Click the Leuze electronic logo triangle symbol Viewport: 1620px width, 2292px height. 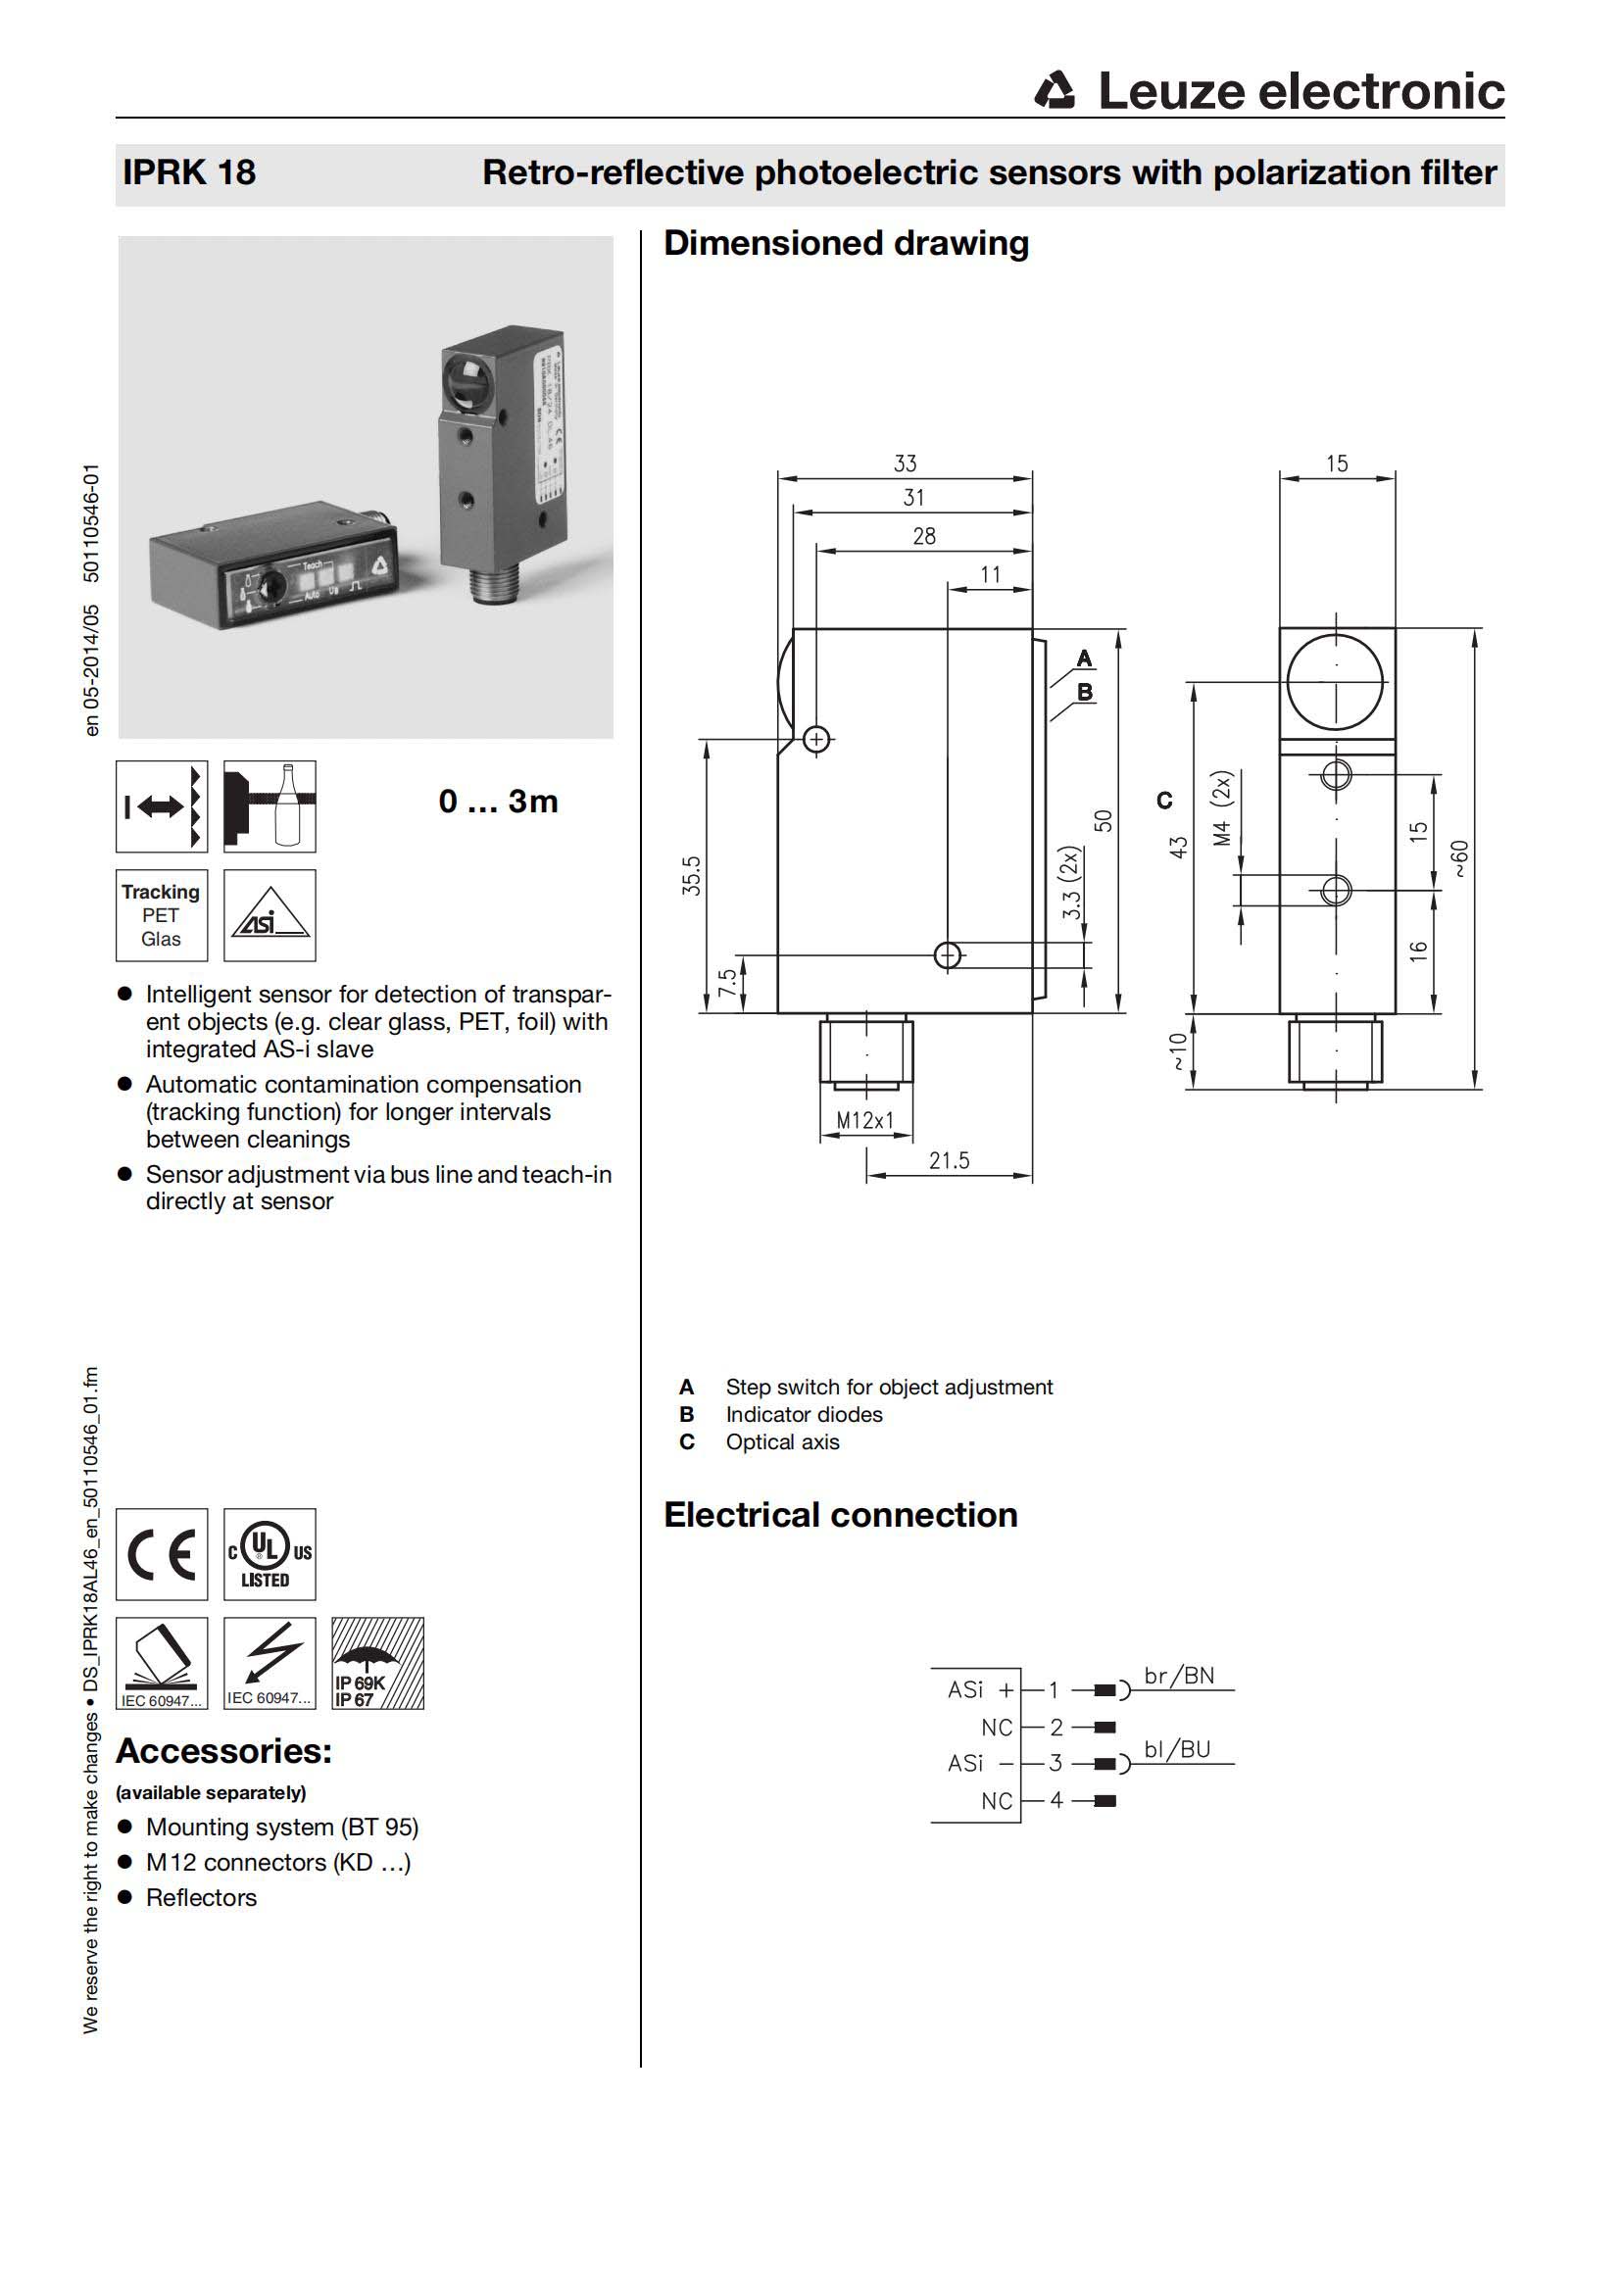[1055, 91]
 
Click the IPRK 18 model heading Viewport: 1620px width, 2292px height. [188, 172]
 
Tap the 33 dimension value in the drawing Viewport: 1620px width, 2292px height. [905, 463]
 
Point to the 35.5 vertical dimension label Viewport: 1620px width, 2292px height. [692, 875]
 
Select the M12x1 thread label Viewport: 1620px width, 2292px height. [864, 1120]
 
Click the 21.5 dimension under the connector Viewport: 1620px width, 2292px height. [949, 1160]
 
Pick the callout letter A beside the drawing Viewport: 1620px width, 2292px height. [1085, 658]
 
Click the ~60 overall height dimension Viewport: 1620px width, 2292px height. [1459, 858]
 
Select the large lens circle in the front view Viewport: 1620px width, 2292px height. [1335, 683]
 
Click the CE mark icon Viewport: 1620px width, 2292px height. [162, 1554]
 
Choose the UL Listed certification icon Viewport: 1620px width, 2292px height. [270, 1554]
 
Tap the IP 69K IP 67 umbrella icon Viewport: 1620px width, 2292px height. [377, 1663]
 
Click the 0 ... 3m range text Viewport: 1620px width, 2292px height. [498, 802]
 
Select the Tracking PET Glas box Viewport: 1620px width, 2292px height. [162, 914]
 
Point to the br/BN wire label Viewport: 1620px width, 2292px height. [1179, 1676]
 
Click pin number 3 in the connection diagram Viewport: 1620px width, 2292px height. [1055, 1763]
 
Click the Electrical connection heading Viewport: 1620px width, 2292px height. [841, 1515]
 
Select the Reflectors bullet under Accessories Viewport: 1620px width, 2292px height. [201, 1898]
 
